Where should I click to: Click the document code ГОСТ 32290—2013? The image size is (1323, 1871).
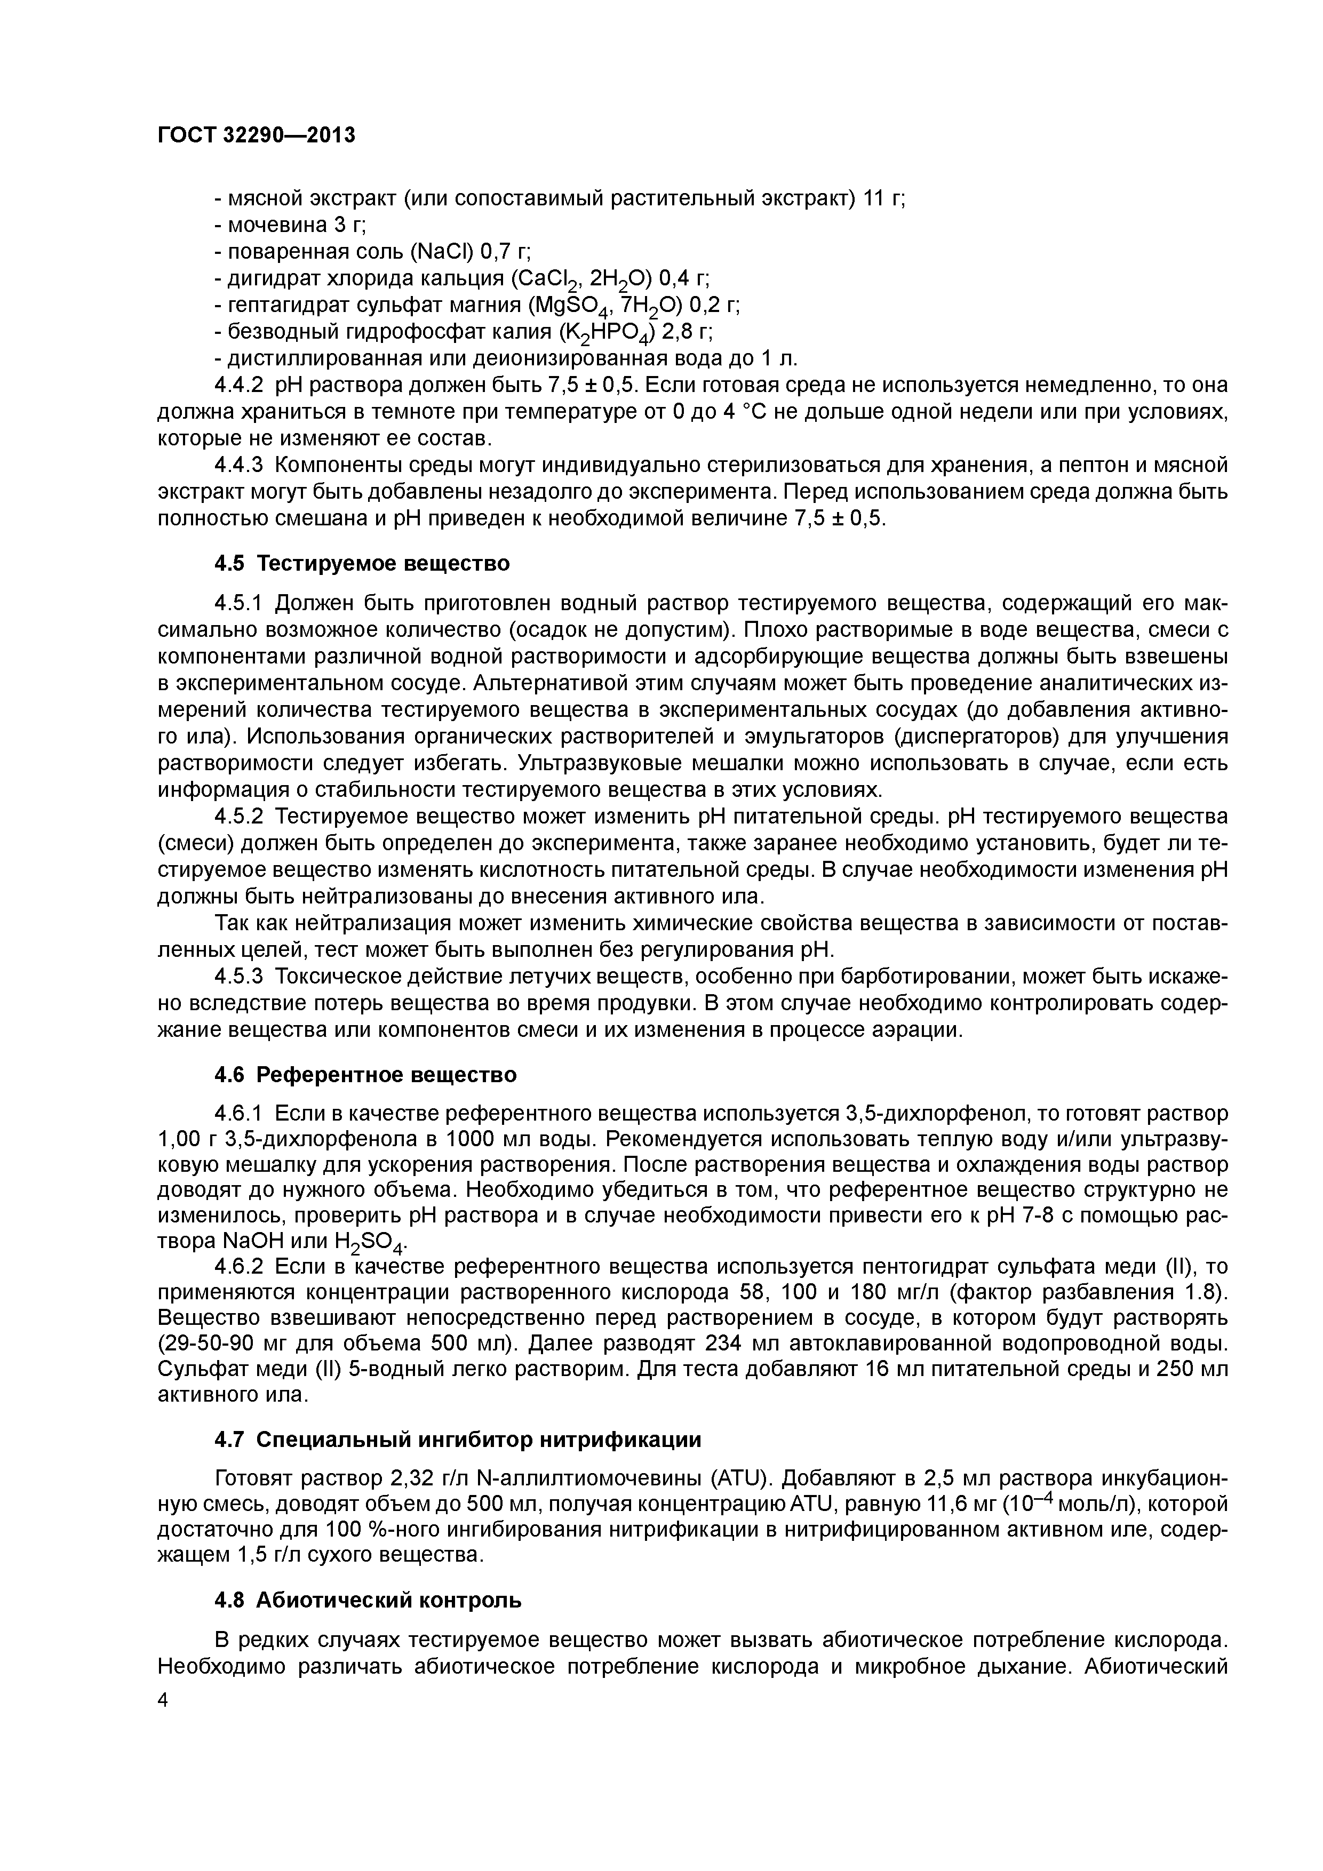[256, 135]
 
